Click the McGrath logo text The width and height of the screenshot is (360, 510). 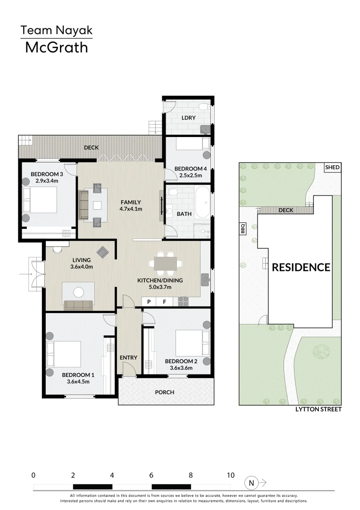[57, 48]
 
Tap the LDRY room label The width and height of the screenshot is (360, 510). [188, 118]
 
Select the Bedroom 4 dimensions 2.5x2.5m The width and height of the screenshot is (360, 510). [191, 175]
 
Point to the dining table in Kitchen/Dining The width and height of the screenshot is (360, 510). [166, 263]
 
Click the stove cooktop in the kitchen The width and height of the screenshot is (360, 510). [183, 301]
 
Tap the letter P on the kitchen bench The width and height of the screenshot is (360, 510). [149, 302]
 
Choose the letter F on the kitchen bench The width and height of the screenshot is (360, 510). [164, 302]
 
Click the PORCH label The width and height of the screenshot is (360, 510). [164, 392]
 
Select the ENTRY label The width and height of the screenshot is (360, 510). [128, 357]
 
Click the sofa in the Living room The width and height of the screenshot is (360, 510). [79, 305]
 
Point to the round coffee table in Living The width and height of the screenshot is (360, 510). [79, 292]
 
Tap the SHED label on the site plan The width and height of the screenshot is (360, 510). [332, 167]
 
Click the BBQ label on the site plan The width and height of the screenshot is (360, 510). [243, 229]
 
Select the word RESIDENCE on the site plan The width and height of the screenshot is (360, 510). [301, 267]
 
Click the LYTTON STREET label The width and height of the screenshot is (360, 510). [318, 409]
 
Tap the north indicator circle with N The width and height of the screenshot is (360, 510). [251, 483]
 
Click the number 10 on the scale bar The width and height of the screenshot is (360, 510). [231, 475]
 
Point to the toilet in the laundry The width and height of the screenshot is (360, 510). [204, 106]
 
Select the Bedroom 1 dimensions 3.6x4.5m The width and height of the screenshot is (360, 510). [78, 382]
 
